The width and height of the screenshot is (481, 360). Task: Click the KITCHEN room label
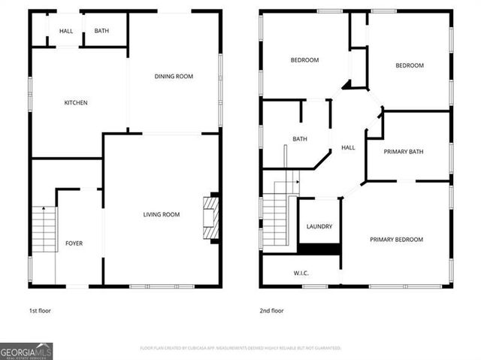(x=76, y=102)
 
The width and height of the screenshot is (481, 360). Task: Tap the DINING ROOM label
(x=174, y=76)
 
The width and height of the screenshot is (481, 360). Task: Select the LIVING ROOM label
(x=162, y=215)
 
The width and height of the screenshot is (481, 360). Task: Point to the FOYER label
(x=74, y=244)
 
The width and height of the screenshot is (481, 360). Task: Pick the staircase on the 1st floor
(x=44, y=228)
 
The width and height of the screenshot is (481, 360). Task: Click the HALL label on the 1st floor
(x=66, y=31)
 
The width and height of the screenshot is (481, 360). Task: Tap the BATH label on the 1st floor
(x=101, y=31)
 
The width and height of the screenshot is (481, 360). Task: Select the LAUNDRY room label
(x=319, y=226)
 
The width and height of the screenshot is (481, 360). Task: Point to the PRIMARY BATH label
(x=404, y=152)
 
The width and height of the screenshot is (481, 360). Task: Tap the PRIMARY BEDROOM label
(x=396, y=240)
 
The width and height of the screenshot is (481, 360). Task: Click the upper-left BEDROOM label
(x=304, y=60)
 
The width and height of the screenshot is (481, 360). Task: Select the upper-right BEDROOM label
(x=410, y=65)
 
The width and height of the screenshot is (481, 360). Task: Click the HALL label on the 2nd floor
(x=348, y=148)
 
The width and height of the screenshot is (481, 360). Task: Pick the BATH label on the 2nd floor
(x=300, y=139)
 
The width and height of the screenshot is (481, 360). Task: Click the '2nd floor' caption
(x=272, y=310)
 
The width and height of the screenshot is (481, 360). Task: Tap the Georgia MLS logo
(x=26, y=351)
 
